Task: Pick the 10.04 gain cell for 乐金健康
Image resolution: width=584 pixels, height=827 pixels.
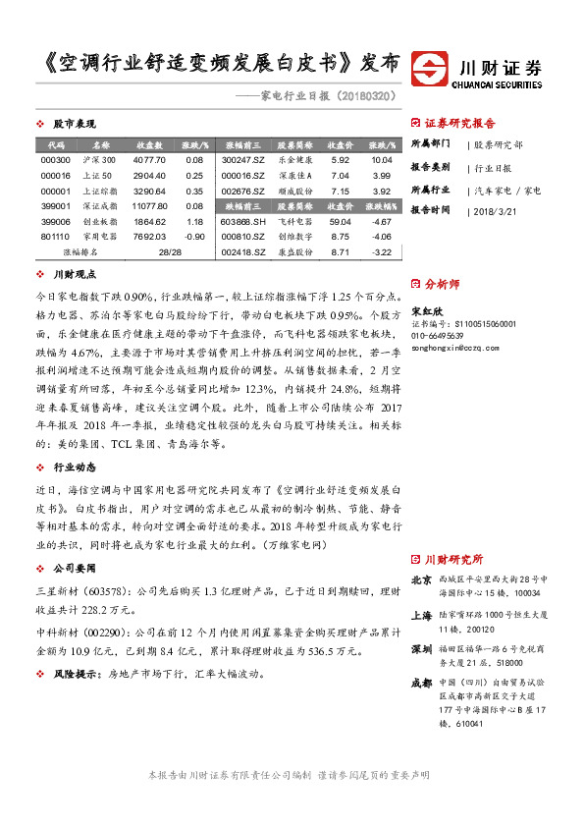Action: [382, 159]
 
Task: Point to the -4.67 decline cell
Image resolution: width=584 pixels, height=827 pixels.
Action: [382, 222]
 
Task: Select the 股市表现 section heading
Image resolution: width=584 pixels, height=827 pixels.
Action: [73, 124]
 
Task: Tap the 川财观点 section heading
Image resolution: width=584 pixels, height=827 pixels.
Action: [73, 276]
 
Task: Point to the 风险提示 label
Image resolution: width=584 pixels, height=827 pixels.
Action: [79, 675]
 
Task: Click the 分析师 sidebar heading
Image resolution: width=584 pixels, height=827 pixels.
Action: [441, 283]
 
